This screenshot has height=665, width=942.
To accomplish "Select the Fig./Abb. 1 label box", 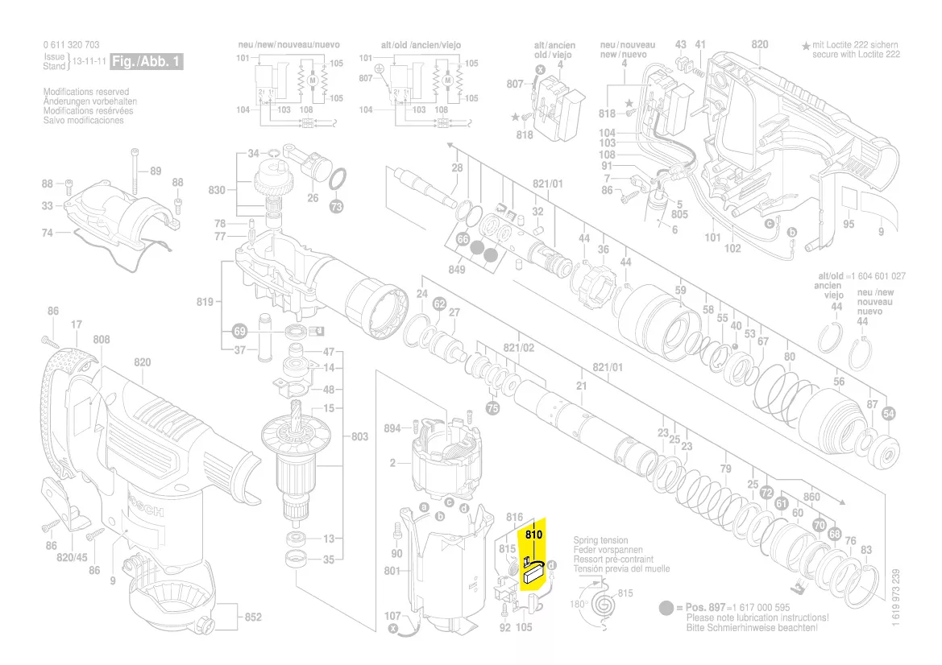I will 147,61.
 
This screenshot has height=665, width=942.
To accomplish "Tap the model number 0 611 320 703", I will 72,45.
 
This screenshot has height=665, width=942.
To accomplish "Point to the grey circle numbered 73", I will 337,206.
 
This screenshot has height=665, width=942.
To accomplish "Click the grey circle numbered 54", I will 889,414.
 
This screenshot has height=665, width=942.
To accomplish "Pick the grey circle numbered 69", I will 239,331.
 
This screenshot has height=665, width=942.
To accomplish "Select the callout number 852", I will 253,617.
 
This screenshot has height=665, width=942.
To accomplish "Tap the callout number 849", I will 457,270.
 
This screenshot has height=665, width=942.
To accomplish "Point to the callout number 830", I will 217,190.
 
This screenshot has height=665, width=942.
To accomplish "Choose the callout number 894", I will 392,428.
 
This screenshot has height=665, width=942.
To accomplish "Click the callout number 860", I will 811,497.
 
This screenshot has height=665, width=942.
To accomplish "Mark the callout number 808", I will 101,340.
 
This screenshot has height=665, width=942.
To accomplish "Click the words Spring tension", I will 600,541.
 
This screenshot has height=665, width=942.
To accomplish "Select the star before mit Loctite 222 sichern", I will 805,46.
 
